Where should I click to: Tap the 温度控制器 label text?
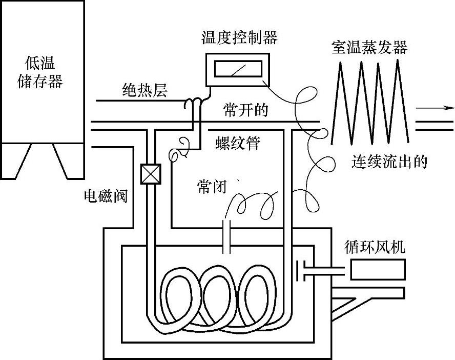pyautogui.click(x=240, y=38)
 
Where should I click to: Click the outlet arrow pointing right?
pyautogui.click(x=436, y=108)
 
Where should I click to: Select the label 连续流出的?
pyautogui.click(x=389, y=162)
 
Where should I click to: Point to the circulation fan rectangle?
pyautogui.click(x=378, y=269)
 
